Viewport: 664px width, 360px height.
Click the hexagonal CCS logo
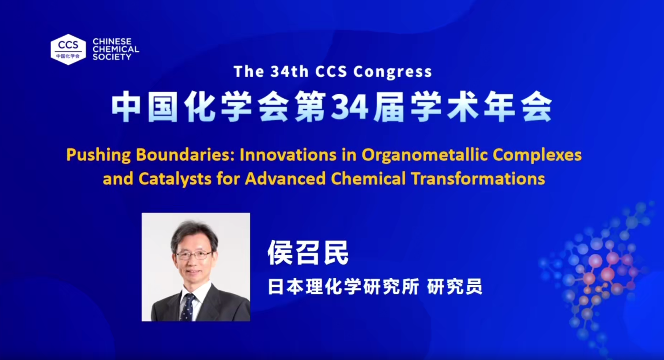(x=68, y=49)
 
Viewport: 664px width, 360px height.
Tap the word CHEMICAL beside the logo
(x=116, y=49)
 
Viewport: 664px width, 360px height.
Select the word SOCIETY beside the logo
(x=112, y=57)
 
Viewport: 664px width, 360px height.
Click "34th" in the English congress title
(x=289, y=72)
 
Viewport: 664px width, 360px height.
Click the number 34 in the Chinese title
(x=350, y=107)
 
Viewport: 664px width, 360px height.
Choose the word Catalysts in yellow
(x=175, y=179)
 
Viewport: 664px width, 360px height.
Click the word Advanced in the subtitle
(x=285, y=179)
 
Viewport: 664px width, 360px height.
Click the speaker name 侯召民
(x=308, y=252)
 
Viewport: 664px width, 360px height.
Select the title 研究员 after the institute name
(x=454, y=286)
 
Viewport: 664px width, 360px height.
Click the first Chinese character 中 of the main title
(x=125, y=107)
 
